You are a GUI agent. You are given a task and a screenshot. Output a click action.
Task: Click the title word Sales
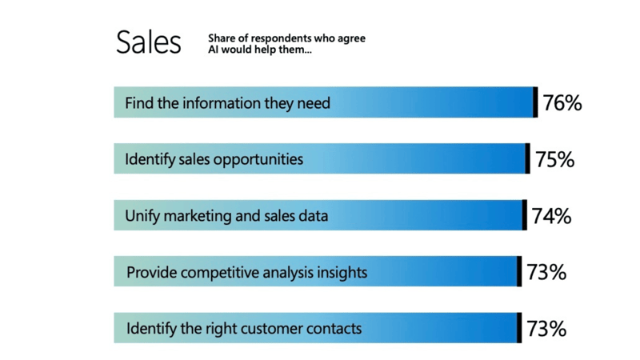(x=148, y=42)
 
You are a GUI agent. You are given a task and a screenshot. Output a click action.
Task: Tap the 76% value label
(x=562, y=103)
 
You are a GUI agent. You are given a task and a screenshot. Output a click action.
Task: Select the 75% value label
(x=555, y=159)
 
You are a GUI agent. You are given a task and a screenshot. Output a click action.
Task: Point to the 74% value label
(x=551, y=216)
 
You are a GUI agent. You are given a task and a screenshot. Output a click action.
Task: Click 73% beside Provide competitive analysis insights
(x=546, y=272)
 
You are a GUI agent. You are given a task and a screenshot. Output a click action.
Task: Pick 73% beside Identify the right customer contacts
(x=546, y=328)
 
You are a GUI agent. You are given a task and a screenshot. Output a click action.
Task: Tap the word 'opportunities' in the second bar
(x=260, y=159)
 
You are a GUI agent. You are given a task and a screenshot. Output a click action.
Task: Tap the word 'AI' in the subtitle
(x=214, y=50)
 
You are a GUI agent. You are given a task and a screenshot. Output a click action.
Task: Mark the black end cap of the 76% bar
(x=535, y=102)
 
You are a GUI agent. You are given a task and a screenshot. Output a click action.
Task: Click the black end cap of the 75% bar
(x=527, y=158)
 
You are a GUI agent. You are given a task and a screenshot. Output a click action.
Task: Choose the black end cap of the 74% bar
(x=524, y=215)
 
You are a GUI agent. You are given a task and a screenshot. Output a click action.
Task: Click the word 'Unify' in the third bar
(x=141, y=216)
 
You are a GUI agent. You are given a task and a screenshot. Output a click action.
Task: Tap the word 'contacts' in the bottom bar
(x=332, y=329)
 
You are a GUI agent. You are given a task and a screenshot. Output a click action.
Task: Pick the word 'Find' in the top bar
(x=138, y=103)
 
